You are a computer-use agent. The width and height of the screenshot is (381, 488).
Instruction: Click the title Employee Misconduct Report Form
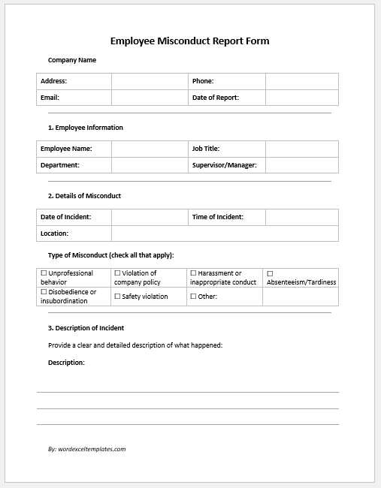click(x=189, y=41)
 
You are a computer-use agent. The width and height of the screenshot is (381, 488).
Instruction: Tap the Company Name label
click(x=72, y=60)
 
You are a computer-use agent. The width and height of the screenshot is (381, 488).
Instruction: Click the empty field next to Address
click(x=150, y=81)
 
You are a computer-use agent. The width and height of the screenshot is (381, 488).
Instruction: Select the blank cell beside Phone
click(x=301, y=81)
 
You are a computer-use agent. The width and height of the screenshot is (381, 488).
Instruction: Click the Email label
click(x=50, y=98)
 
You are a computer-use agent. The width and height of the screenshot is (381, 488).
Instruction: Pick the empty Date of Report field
click(x=301, y=98)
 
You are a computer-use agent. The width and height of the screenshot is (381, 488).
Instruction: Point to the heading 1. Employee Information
click(x=85, y=128)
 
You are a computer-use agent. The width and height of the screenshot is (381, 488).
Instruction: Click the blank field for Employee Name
click(x=150, y=149)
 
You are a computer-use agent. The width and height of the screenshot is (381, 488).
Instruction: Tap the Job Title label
click(x=205, y=149)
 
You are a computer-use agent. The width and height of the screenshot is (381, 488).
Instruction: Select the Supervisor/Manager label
click(x=225, y=165)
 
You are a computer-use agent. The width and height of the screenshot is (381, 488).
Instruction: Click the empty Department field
click(x=150, y=165)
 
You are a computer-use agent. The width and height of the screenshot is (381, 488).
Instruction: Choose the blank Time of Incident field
click(x=301, y=217)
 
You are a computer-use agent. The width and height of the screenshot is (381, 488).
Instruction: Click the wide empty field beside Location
click(x=225, y=233)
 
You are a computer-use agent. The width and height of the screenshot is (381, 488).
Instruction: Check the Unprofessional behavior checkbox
click(x=44, y=273)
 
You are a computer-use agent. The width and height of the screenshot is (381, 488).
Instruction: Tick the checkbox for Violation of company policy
click(x=117, y=273)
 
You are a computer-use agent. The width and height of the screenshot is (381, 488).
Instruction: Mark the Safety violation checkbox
click(x=117, y=297)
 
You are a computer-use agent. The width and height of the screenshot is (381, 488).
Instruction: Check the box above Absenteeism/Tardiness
click(x=270, y=273)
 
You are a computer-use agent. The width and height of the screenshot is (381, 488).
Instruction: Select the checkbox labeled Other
click(x=193, y=297)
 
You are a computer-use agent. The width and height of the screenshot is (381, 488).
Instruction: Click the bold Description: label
click(x=66, y=363)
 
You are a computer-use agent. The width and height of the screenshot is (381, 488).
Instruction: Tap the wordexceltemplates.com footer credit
click(x=86, y=449)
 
